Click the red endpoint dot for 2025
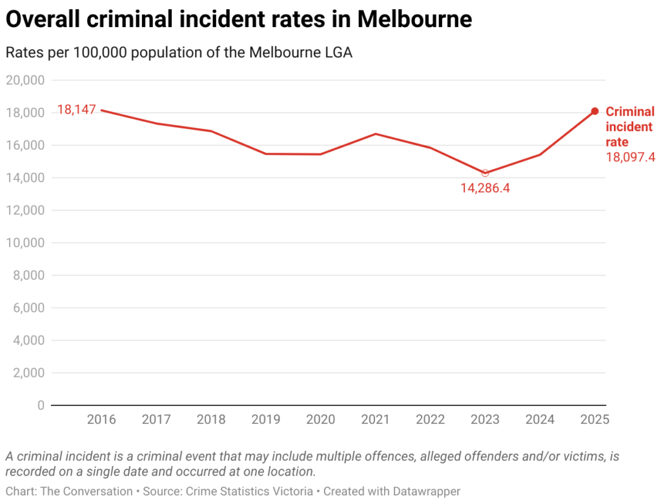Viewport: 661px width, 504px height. tap(595, 111)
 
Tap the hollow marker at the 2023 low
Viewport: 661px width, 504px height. tap(485, 173)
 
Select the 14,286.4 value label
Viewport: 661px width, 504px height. tap(485, 188)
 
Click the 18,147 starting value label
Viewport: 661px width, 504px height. tap(76, 110)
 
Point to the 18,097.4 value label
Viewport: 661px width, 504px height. tap(630, 157)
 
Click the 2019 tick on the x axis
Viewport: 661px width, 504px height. tap(266, 419)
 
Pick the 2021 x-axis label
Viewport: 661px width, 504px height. tap(376, 419)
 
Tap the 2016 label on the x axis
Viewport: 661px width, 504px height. tap(101, 419)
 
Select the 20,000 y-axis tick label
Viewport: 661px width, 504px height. tap(25, 80)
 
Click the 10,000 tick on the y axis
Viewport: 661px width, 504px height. tap(25, 243)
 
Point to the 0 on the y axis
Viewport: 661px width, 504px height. tap(40, 405)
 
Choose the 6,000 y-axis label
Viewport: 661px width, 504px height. tap(27, 308)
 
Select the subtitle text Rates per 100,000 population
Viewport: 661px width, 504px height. tap(110, 53)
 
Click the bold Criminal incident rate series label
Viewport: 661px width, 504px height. tap(629, 126)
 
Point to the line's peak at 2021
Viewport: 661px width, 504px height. tap(376, 134)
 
